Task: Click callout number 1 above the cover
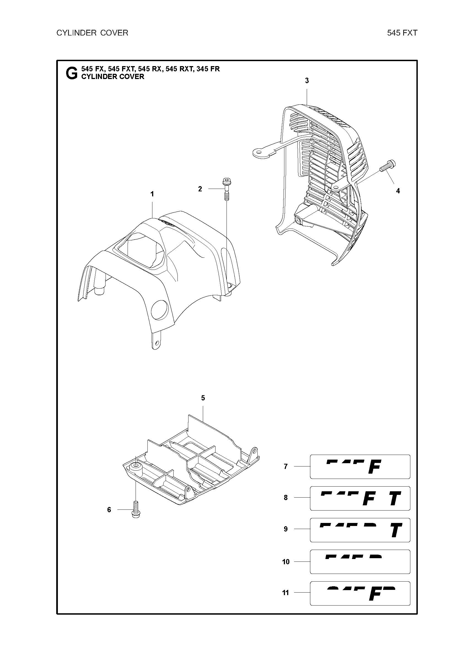click(x=152, y=194)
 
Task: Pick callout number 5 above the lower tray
click(x=203, y=398)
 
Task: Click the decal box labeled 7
click(x=360, y=466)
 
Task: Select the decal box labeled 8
click(x=360, y=498)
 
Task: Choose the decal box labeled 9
click(x=360, y=530)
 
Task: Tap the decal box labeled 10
click(x=360, y=562)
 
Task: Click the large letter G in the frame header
click(x=72, y=73)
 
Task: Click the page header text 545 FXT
click(x=402, y=33)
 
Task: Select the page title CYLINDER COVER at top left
click(x=92, y=33)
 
